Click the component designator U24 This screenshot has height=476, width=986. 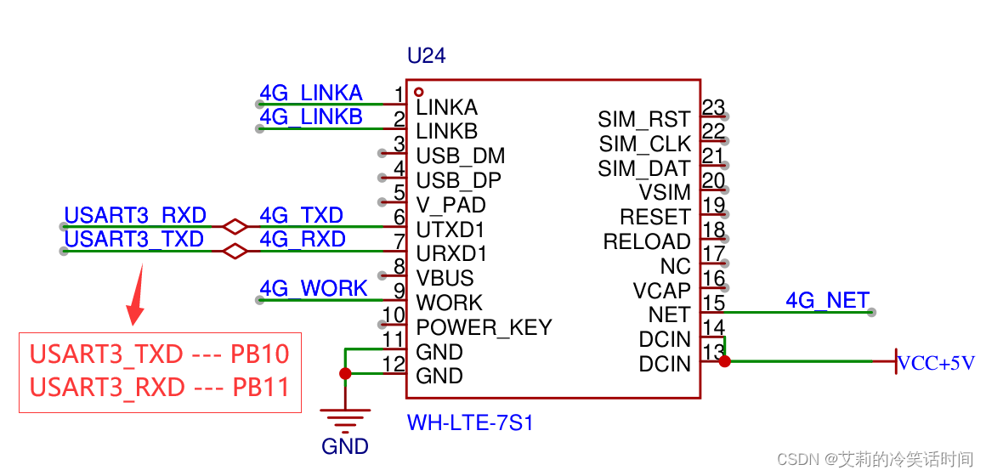coord(426,57)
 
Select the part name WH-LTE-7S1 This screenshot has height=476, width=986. coord(469,422)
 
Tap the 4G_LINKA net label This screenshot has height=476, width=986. coord(311,93)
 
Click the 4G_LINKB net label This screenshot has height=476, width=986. coord(311,117)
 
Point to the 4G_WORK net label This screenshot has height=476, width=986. coord(313,289)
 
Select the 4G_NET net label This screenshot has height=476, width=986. coord(827,301)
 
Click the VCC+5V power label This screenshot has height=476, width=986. coord(937,364)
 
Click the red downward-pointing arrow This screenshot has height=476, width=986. coord(135,297)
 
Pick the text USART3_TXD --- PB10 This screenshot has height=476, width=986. coord(160,354)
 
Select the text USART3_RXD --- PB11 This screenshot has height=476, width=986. coord(160,388)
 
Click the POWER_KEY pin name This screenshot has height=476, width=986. coord(484,327)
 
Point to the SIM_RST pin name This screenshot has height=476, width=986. coord(643,120)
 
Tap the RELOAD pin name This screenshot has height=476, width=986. coord(646,242)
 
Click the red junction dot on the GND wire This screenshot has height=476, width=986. coord(345,373)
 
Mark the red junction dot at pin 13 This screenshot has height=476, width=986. coord(724,361)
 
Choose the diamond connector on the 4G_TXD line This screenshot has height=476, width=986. coord(235,227)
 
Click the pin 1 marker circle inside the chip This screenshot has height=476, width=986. coord(418,92)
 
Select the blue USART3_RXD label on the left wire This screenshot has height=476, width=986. coord(135,216)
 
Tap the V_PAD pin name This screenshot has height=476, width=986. coord(450,206)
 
